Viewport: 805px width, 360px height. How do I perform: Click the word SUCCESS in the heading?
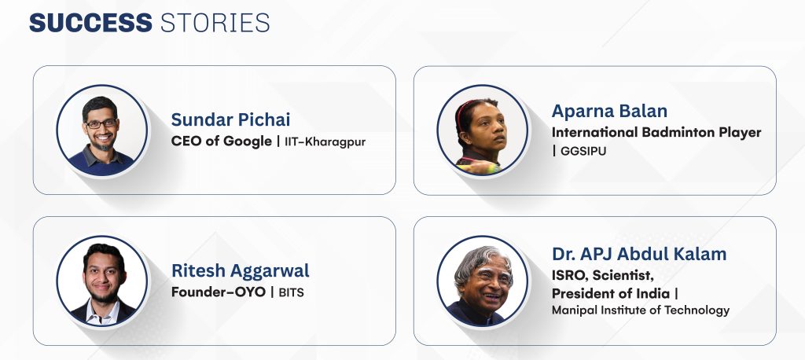(91, 23)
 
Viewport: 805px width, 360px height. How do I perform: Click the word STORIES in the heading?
(215, 23)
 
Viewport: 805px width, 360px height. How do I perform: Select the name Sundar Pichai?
(230, 120)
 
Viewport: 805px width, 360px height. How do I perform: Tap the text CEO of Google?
(221, 141)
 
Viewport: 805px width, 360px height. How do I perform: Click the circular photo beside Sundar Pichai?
(101, 130)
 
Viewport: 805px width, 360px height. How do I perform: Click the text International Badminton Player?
(656, 133)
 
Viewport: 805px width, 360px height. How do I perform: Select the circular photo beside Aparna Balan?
(482, 130)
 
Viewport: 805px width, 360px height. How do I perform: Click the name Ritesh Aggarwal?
(241, 271)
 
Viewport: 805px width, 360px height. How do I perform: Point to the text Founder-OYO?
(219, 292)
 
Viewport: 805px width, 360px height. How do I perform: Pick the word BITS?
(291, 292)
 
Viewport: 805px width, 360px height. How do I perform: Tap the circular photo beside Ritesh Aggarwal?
(101, 281)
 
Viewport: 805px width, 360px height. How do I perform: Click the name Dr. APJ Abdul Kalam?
(639, 254)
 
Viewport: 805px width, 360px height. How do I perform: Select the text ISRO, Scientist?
(603, 276)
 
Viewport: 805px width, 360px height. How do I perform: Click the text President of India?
(611, 294)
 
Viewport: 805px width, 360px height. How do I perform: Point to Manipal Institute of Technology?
(641, 310)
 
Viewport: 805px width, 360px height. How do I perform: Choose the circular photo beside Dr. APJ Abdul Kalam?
(482, 281)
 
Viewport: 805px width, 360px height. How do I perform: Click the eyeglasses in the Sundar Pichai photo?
(101, 123)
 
